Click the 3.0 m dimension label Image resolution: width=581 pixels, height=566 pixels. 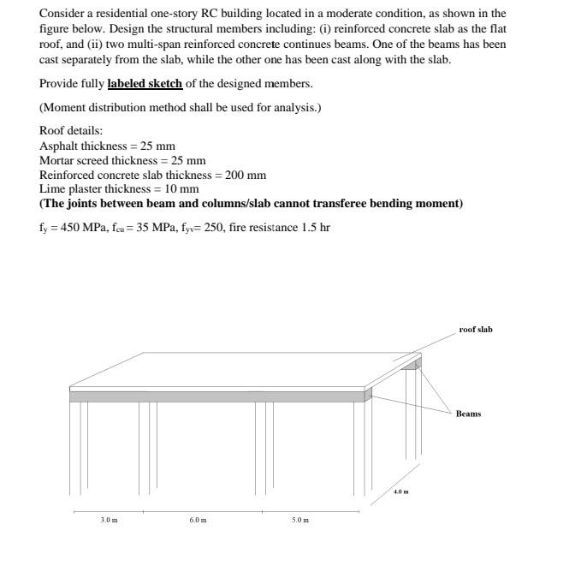(109, 520)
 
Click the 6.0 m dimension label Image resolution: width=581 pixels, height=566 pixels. (198, 520)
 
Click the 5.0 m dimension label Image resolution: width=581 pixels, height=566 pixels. (300, 520)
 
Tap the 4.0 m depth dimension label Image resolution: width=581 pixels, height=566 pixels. (400, 492)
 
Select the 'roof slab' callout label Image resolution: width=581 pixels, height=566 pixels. (476, 330)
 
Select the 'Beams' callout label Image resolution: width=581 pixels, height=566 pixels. (468, 414)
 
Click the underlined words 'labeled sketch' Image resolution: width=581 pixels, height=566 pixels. (145, 83)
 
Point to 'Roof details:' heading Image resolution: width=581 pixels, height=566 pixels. (71, 130)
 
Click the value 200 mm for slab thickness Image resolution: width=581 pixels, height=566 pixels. (246, 175)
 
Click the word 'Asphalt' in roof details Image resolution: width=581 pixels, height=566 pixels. (58, 146)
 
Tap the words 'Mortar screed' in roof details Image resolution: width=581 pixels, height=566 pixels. (73, 160)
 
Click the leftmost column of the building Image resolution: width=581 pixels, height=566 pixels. (77, 445)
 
